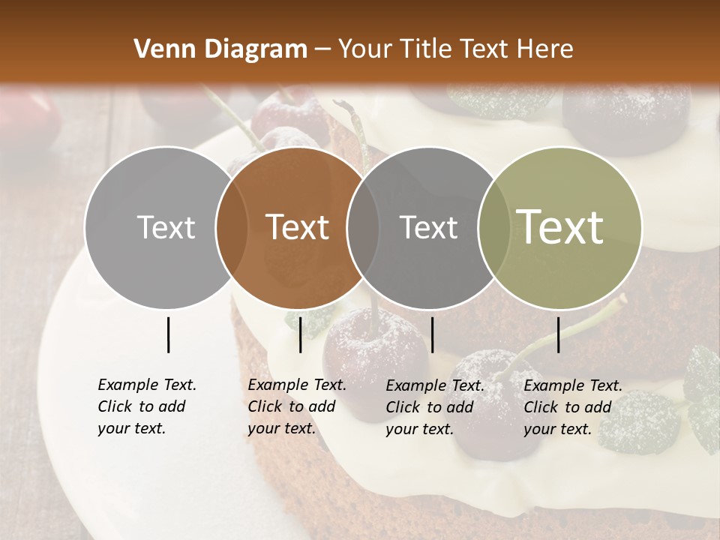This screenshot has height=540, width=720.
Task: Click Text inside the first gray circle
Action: (166, 227)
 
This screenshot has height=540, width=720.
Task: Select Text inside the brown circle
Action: (298, 227)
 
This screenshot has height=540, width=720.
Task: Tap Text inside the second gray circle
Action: (429, 227)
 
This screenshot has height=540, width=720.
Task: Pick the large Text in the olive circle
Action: (560, 226)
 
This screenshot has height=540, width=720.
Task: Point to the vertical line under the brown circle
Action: (300, 334)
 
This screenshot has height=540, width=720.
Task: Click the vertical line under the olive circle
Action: (559, 334)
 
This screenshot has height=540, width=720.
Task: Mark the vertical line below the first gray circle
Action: (169, 334)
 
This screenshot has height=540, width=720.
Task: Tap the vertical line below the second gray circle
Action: (432, 334)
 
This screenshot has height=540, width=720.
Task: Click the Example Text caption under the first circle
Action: (147, 406)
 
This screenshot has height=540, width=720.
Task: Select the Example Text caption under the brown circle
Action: (297, 406)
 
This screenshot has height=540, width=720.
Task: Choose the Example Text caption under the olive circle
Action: (573, 407)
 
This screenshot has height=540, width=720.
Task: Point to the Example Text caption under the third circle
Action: (435, 407)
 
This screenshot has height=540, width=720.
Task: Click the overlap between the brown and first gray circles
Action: (232, 227)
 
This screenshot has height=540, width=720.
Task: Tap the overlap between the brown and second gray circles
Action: (363, 227)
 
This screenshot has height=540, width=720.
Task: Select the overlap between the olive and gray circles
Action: (494, 227)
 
